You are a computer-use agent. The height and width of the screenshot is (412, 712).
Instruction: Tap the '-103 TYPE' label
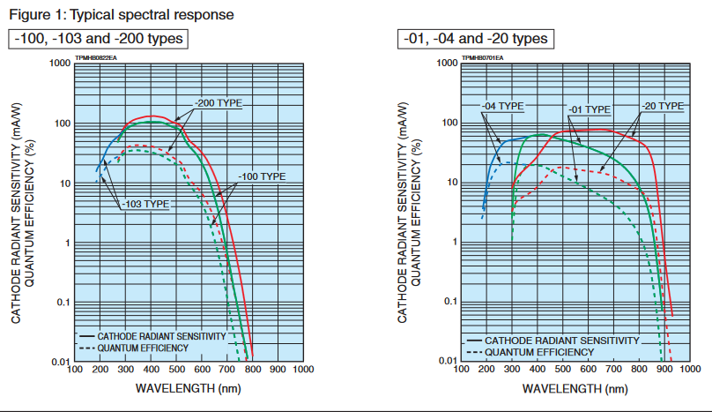tap(145, 204)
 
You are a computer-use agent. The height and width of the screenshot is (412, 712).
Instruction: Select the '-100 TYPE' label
tap(262, 177)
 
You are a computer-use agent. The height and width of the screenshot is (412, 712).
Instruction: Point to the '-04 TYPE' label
tap(503, 106)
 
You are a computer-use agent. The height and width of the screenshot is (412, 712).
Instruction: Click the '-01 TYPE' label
tap(588, 109)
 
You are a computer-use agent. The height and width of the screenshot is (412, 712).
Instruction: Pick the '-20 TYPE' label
tap(663, 106)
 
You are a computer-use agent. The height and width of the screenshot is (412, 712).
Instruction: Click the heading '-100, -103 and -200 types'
tap(99, 39)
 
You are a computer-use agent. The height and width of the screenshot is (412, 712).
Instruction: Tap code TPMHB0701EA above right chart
tap(482, 57)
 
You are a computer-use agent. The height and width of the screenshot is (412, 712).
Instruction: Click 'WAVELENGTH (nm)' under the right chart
tap(577, 388)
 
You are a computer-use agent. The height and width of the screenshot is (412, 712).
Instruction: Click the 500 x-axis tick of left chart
tap(177, 371)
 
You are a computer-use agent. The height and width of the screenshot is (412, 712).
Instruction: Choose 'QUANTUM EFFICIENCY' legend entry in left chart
tap(143, 348)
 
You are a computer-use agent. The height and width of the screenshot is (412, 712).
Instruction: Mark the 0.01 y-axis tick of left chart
tap(60, 363)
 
